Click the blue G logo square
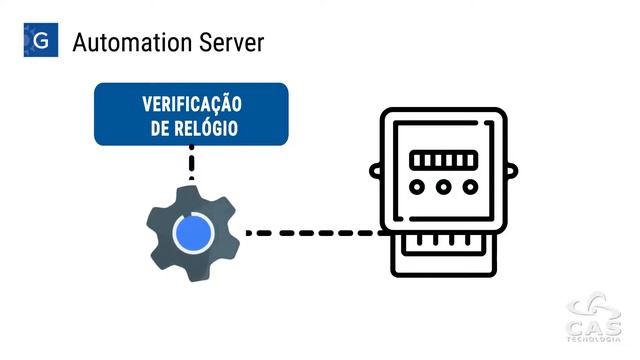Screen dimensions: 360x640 (x=41, y=41)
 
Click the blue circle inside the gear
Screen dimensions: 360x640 (x=193, y=233)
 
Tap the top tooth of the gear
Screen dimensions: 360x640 (x=193, y=192)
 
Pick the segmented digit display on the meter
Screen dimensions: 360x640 (x=443, y=160)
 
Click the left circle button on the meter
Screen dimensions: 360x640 (x=419, y=187)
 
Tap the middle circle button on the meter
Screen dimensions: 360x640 (x=443, y=187)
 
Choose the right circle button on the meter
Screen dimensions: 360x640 (x=467, y=187)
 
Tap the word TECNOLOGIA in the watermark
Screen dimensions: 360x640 (x=593, y=342)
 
